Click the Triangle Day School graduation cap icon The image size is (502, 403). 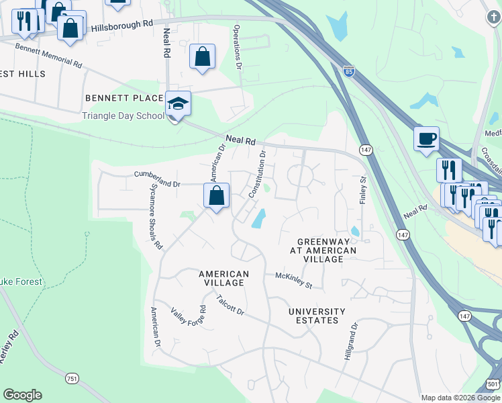coord(179,104)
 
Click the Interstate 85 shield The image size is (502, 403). coord(348,71)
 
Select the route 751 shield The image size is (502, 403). coord(72,379)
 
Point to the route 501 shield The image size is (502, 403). coord(492,384)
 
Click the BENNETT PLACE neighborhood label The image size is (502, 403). coord(124,98)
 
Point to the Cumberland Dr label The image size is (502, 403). coord(158,179)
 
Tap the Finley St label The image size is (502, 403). coord(363,190)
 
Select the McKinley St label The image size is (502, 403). coord(294,281)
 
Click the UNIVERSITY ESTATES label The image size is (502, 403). coord(317,316)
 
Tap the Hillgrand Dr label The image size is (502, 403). coord(352,343)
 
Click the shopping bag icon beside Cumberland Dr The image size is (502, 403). coord(216,196)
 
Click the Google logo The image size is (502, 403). coord(22,395)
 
